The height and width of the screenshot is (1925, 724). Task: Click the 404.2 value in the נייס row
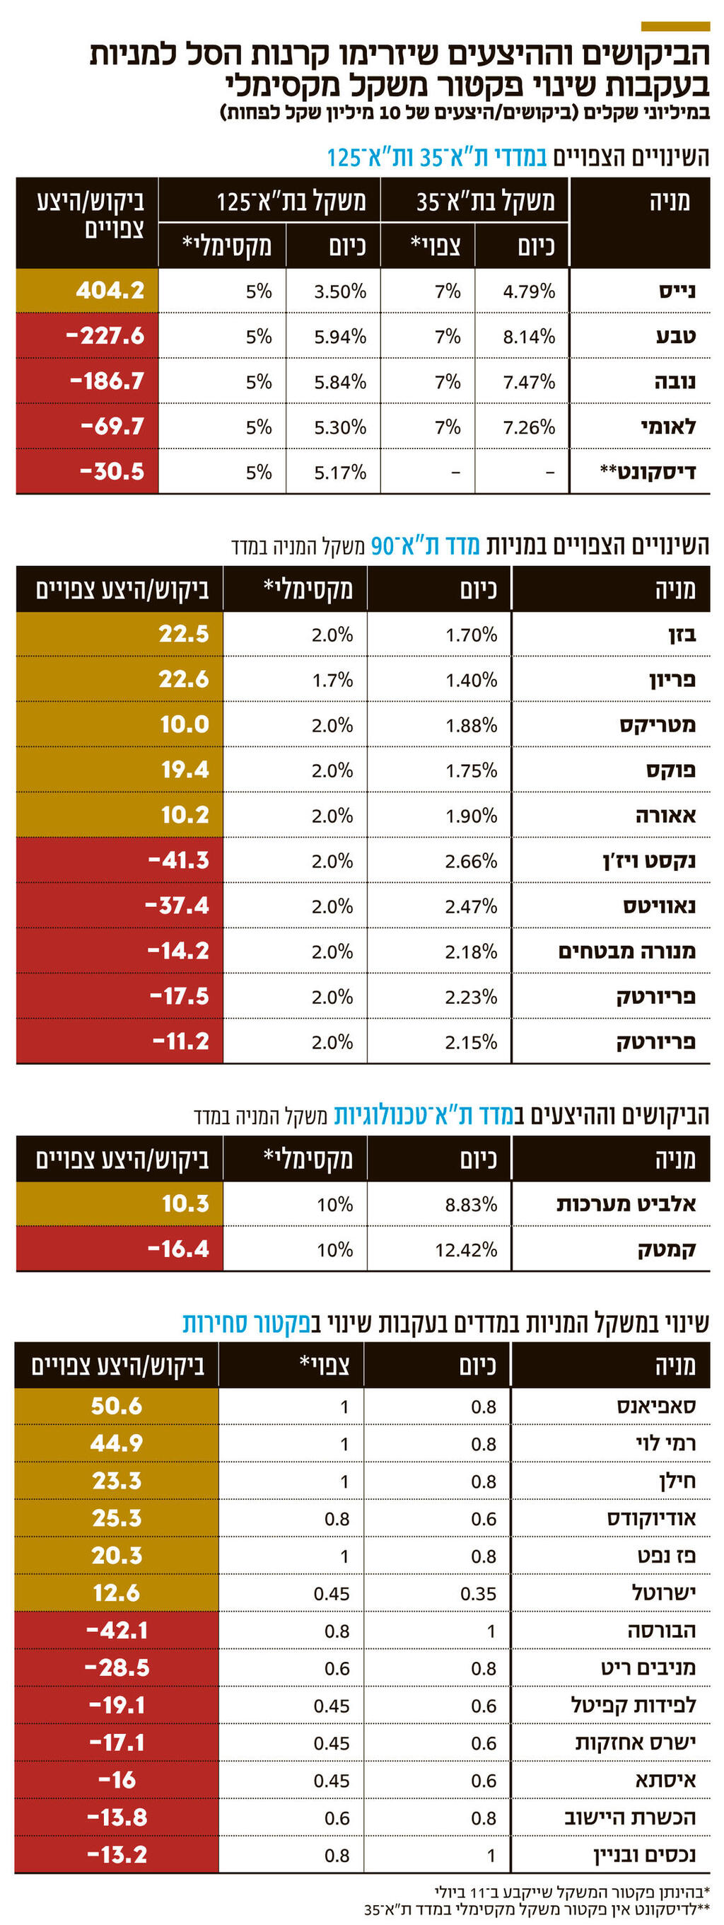[x=110, y=291]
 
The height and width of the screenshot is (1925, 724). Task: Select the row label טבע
[x=675, y=336]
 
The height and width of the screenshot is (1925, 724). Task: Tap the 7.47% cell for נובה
[x=528, y=382]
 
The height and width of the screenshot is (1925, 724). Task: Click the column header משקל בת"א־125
[x=291, y=202]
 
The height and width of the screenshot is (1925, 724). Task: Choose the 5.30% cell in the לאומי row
[x=340, y=427]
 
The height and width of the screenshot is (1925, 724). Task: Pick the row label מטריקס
[x=657, y=725]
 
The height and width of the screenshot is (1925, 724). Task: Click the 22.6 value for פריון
[x=183, y=679]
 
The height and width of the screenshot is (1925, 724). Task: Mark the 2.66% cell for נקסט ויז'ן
[x=471, y=861]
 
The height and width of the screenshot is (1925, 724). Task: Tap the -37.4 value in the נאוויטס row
[x=177, y=906]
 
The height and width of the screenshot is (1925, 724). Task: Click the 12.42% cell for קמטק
[x=466, y=1249]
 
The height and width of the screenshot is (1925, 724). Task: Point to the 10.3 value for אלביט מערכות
[x=185, y=1204]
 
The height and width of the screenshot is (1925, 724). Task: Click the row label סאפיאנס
[x=656, y=1406]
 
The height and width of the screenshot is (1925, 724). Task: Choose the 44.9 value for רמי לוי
[x=116, y=1443]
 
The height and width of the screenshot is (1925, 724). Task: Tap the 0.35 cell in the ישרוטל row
[x=478, y=1593]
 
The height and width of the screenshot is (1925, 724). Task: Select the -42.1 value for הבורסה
[x=117, y=1631]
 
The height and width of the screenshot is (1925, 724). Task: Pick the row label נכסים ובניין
[x=644, y=1855]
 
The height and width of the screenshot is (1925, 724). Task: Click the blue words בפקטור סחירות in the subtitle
[x=246, y=1322]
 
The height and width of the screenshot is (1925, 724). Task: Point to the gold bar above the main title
[x=675, y=27]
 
